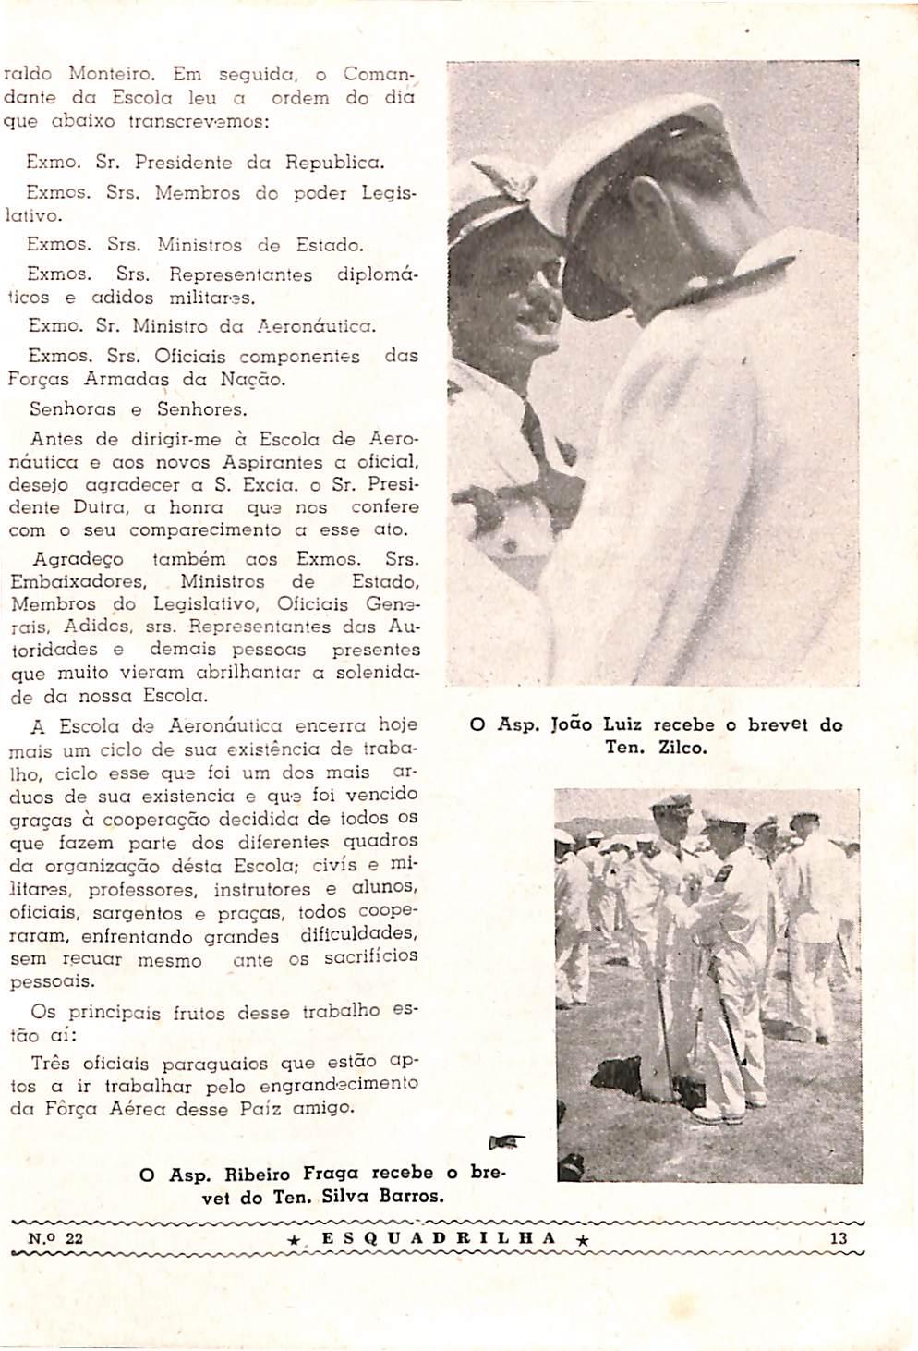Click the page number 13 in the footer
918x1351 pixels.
(839, 1239)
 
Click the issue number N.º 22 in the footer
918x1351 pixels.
(55, 1240)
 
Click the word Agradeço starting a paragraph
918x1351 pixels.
(78, 560)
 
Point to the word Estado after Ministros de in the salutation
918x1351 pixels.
(330, 246)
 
